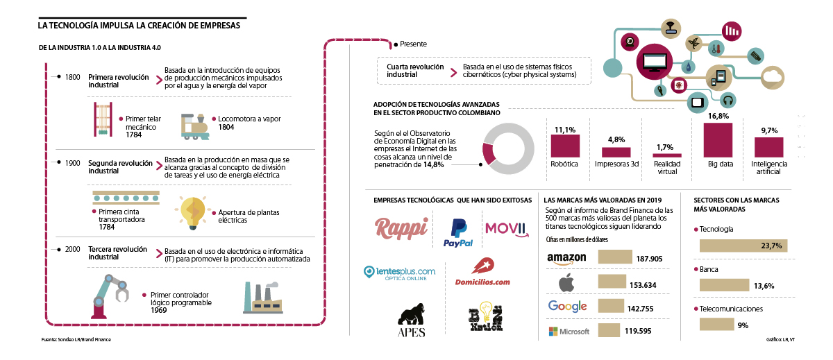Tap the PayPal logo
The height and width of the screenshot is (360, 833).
(x=457, y=232)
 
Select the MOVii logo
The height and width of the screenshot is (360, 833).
(x=507, y=228)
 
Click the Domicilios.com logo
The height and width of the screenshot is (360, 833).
(x=482, y=273)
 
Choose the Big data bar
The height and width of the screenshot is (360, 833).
(x=718, y=140)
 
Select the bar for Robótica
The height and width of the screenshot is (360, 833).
(x=564, y=146)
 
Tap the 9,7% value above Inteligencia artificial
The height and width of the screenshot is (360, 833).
(x=768, y=130)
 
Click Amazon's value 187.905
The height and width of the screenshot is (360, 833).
(x=649, y=259)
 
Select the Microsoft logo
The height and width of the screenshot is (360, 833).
(x=569, y=331)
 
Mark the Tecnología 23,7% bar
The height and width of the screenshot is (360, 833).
(x=741, y=246)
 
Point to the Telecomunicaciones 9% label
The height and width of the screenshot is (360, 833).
(x=743, y=325)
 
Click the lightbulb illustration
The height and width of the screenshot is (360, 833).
(x=192, y=212)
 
